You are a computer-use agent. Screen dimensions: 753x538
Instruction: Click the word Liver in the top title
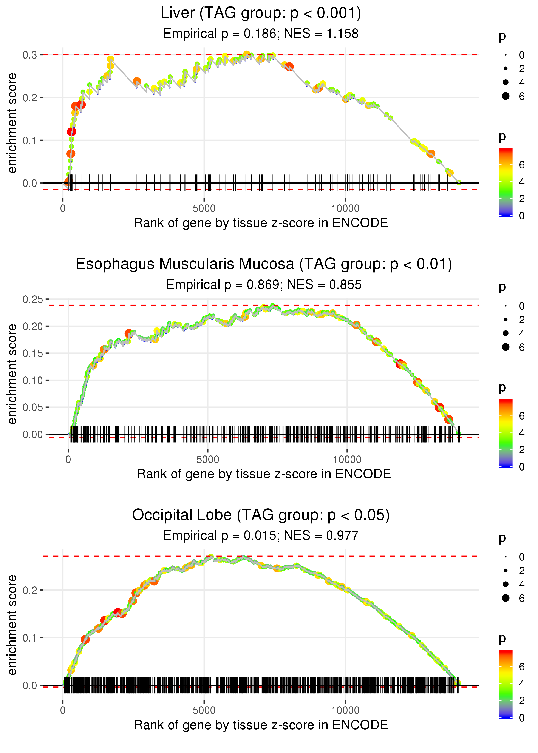[178, 13]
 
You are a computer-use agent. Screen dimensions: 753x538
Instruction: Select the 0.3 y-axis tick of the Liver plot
[30, 55]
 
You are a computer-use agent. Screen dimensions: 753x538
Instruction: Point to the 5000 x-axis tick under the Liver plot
[204, 209]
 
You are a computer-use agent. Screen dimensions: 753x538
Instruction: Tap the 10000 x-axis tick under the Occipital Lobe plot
[345, 711]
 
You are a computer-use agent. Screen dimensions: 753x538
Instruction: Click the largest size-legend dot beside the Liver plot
[506, 96]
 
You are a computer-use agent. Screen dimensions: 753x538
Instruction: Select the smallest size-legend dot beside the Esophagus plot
[506, 306]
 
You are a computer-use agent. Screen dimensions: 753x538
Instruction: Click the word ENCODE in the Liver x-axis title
[360, 223]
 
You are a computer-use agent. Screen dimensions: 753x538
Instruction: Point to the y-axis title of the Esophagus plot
[12, 374]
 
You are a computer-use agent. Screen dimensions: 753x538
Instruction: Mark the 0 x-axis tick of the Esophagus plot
[68, 460]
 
